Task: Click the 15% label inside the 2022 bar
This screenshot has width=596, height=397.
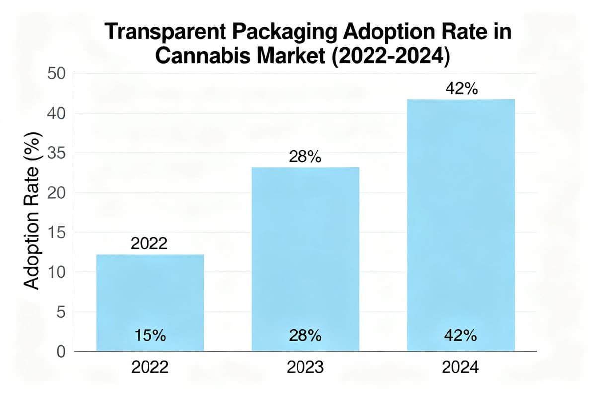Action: (149, 336)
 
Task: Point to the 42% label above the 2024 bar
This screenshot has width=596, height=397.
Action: (460, 89)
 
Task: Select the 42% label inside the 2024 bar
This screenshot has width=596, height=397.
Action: (460, 336)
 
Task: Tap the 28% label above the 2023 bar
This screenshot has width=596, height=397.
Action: (305, 158)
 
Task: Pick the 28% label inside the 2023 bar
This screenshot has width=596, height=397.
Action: (305, 336)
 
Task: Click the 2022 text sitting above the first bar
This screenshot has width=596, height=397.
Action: (149, 244)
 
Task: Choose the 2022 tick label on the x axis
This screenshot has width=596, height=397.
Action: (149, 368)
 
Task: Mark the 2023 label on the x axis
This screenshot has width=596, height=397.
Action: (305, 368)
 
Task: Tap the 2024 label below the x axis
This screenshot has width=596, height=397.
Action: (460, 368)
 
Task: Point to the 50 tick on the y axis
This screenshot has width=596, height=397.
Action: (56, 74)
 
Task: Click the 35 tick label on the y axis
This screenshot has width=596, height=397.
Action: (56, 153)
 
